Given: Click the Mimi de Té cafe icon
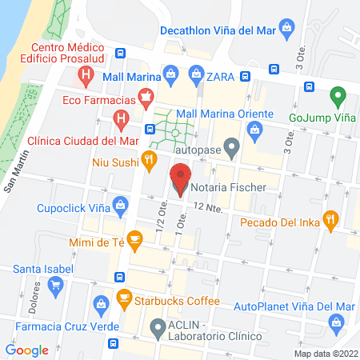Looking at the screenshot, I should point(134,238).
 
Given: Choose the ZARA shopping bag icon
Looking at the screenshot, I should point(196,76).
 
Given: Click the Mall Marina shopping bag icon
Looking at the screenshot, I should point(170,76).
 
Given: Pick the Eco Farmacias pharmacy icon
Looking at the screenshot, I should point(146,100).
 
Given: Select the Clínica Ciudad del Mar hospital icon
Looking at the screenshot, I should point(120,122).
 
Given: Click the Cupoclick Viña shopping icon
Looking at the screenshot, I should point(120,206).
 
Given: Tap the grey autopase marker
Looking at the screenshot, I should point(232,146).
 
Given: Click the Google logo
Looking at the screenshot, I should point(27,350).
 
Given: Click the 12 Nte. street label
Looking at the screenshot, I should point(206,206).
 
